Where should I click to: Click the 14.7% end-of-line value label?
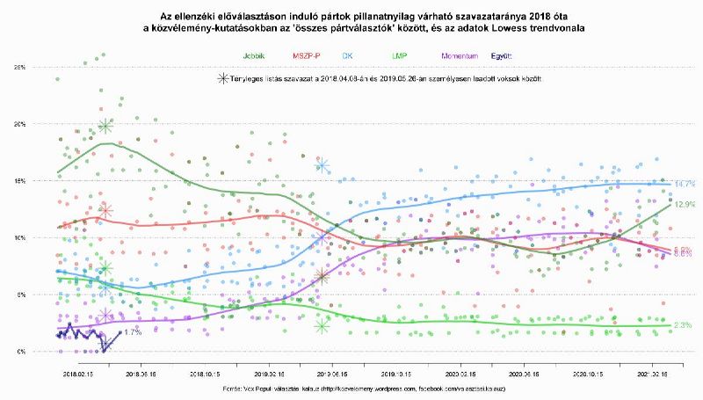point(685,185)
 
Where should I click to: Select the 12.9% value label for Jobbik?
point(685,205)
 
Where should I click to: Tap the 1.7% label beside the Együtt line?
point(133,332)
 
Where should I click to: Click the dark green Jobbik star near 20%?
point(105,127)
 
